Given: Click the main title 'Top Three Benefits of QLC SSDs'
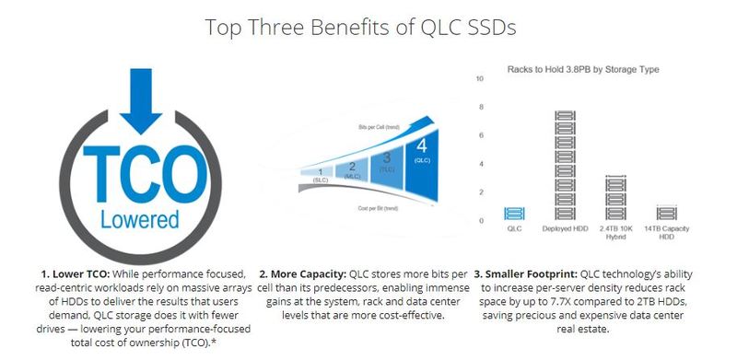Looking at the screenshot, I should pos(368,27).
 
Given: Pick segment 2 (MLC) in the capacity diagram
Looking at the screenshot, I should pos(351,168).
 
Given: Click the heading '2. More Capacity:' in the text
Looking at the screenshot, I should pos(300,274).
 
